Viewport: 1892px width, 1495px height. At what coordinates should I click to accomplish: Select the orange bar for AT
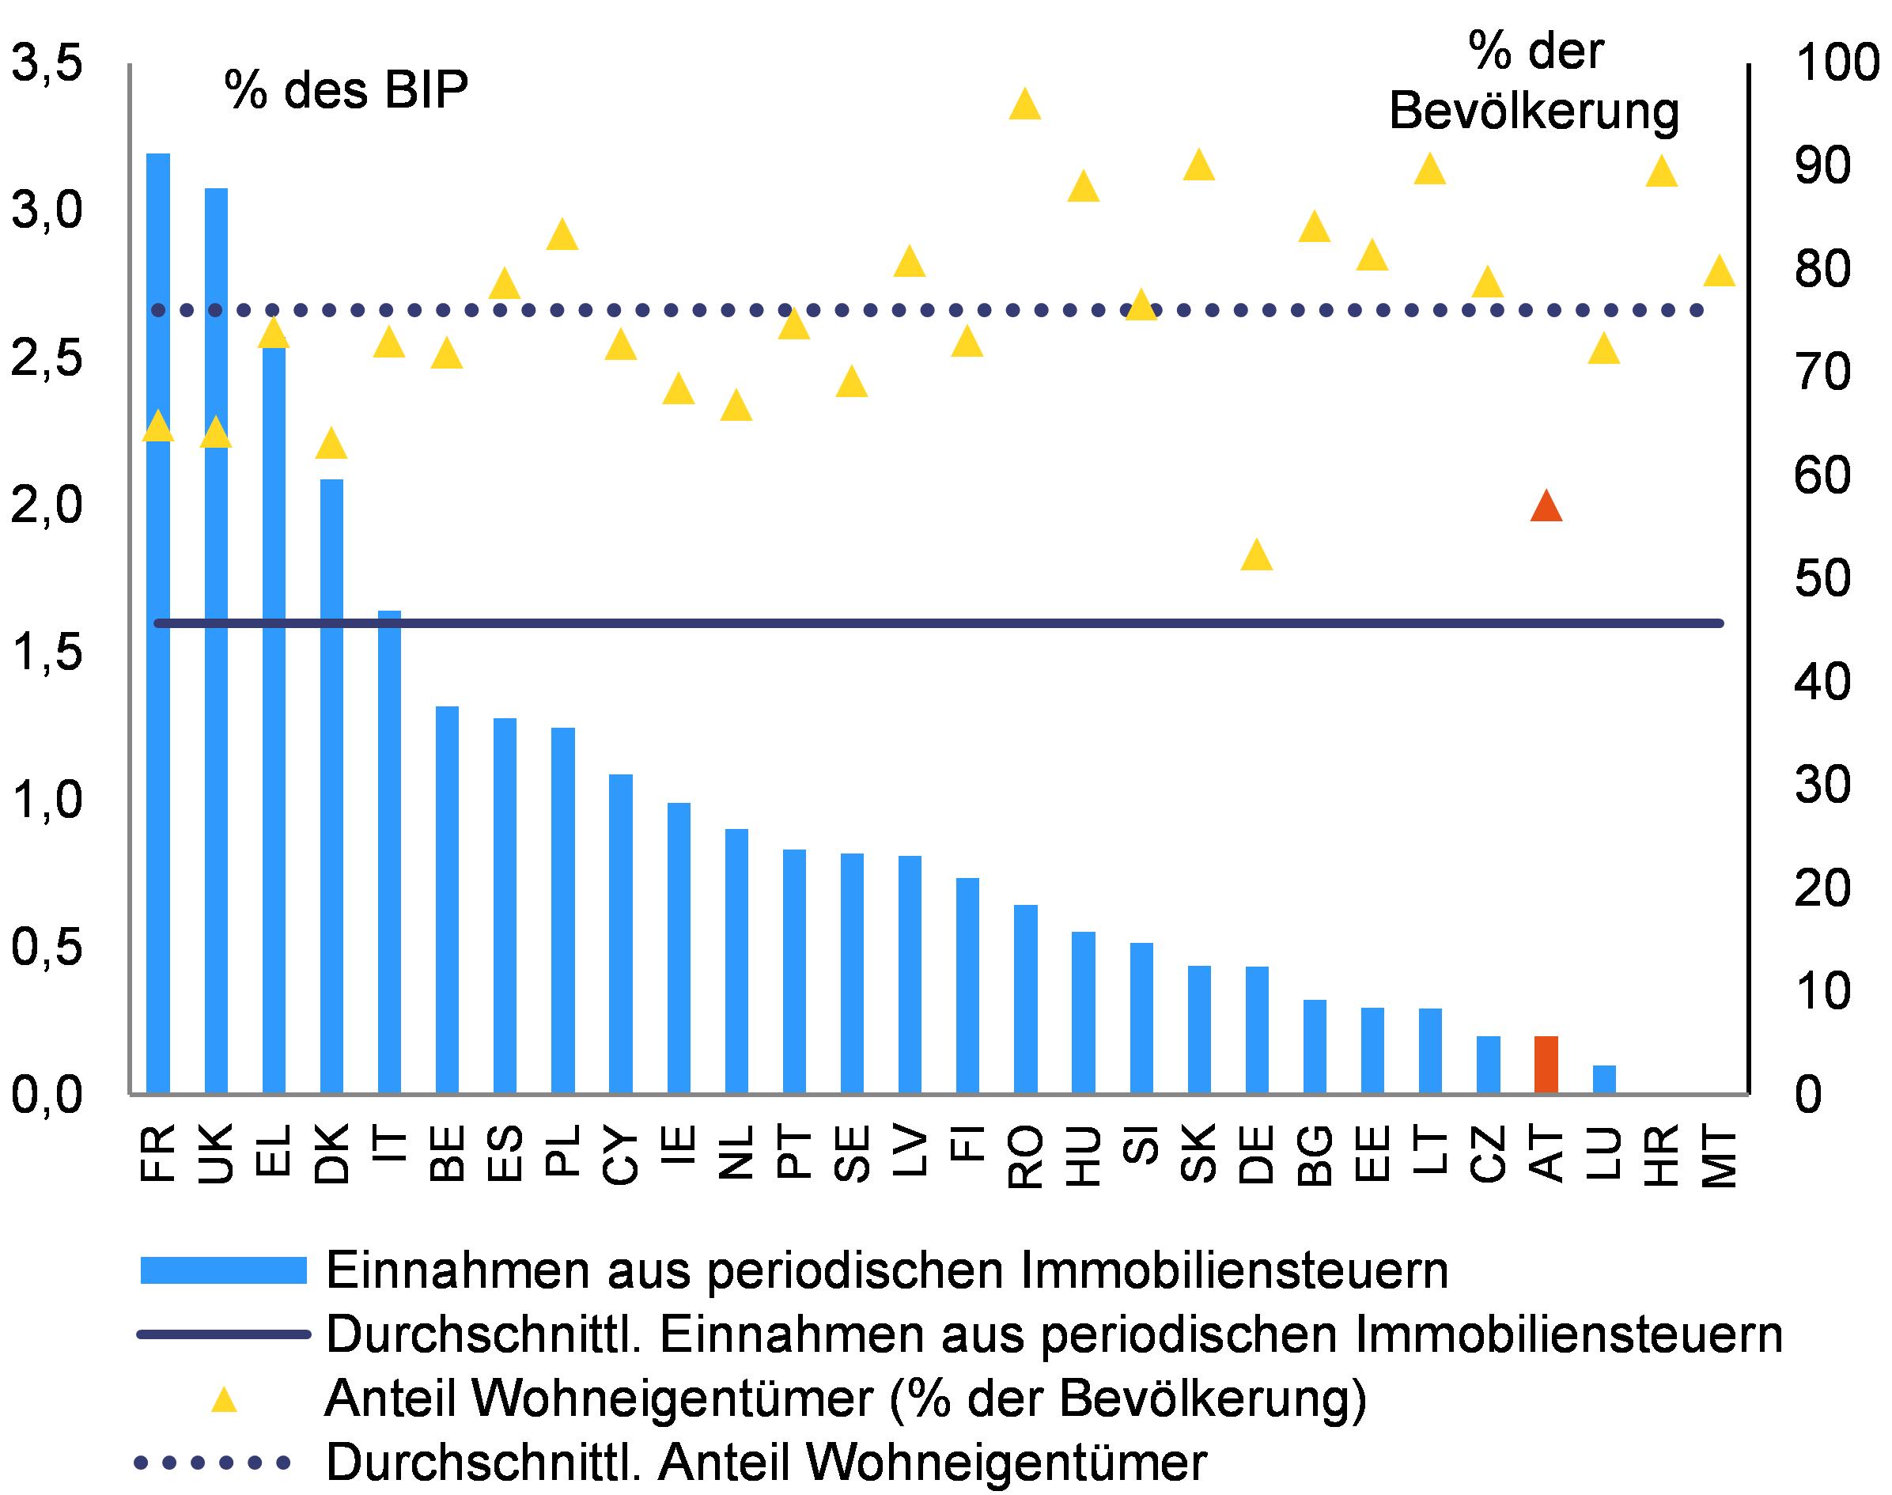(x=1546, y=1065)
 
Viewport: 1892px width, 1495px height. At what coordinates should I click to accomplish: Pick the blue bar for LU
(x=1604, y=1079)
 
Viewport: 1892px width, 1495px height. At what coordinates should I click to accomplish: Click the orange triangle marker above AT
(x=1546, y=508)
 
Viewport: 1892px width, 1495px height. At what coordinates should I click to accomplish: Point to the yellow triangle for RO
(x=1025, y=105)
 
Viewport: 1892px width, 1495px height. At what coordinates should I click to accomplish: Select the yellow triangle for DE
(x=1257, y=555)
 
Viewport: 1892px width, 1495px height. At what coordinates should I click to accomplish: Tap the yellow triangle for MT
(x=1720, y=271)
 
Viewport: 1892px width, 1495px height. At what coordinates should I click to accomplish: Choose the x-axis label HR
(x=1661, y=1153)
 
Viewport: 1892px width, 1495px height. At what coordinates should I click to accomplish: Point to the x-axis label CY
(x=620, y=1153)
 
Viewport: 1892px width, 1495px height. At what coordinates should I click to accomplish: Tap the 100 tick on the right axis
(x=1836, y=64)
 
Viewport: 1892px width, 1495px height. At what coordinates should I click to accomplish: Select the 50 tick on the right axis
(x=1823, y=578)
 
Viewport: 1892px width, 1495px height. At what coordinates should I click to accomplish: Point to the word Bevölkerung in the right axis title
(x=1534, y=112)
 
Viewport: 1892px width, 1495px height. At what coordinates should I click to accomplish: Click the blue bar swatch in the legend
(x=224, y=1270)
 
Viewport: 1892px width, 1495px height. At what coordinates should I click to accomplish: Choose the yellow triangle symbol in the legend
(x=225, y=1399)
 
